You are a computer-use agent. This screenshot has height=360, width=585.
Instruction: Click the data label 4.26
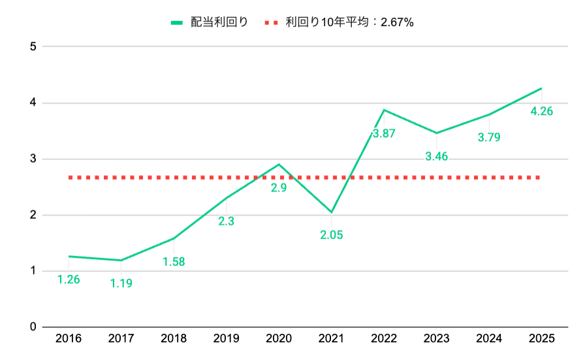pos(542,111)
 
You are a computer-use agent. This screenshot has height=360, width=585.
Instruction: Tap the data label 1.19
pos(121,284)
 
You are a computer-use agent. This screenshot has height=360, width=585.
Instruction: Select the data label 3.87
pos(384,133)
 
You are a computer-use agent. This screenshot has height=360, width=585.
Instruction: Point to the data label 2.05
pos(332,235)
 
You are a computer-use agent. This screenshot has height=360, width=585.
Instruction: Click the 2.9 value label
pos(279,188)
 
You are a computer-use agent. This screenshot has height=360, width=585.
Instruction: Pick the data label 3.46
pos(437,156)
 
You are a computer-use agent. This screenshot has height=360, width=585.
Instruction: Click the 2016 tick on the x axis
pos(69,338)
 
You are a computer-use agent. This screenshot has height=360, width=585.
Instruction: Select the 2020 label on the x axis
pos(279,338)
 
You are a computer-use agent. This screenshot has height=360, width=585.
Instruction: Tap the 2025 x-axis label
pos(542,338)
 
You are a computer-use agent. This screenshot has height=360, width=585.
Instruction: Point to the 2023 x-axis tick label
pos(437,338)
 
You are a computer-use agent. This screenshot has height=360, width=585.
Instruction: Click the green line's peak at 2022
pos(384,110)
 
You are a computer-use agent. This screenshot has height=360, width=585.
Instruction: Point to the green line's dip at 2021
pos(332,212)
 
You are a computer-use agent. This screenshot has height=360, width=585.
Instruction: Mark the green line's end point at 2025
pos(541,88)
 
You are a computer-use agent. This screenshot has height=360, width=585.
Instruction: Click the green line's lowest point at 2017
pos(121,260)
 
